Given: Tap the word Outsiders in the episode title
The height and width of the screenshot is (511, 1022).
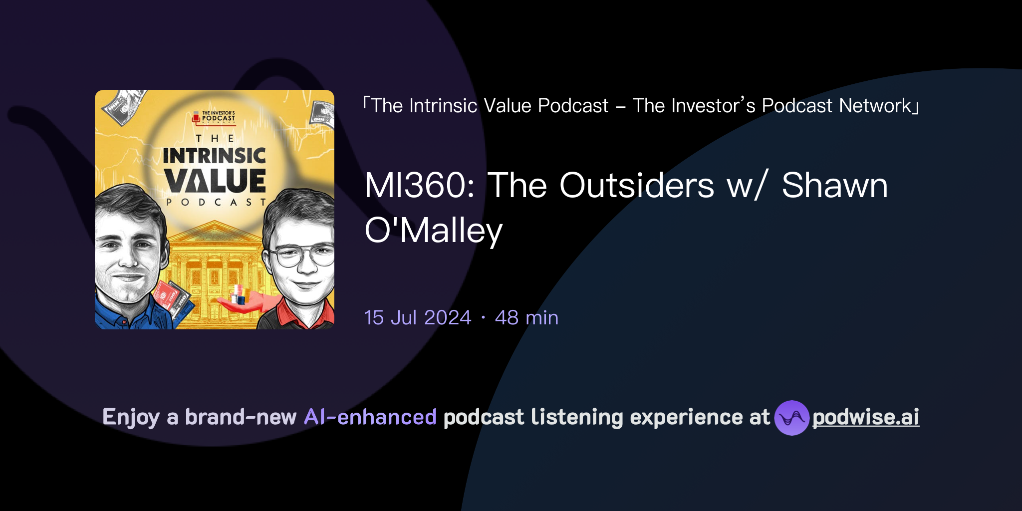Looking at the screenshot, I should coord(636,186).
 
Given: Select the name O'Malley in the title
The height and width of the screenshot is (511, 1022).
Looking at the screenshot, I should coord(433,231).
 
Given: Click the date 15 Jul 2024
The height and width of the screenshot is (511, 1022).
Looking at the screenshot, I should coord(418,318).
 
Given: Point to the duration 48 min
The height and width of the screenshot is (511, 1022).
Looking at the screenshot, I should coord(526,318).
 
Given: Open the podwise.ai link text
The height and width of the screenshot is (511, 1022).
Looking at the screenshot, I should coord(865,417).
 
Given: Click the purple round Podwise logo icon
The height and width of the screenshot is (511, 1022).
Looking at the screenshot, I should coord(791,418).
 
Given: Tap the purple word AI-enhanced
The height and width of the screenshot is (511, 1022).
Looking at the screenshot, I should coord(370,417).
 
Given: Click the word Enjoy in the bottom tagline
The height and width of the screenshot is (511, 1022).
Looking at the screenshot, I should coord(131,417).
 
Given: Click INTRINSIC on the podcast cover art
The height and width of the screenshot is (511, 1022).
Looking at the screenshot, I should coord(215,156).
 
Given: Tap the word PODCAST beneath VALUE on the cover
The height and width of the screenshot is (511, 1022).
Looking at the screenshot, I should coord(216,202).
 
